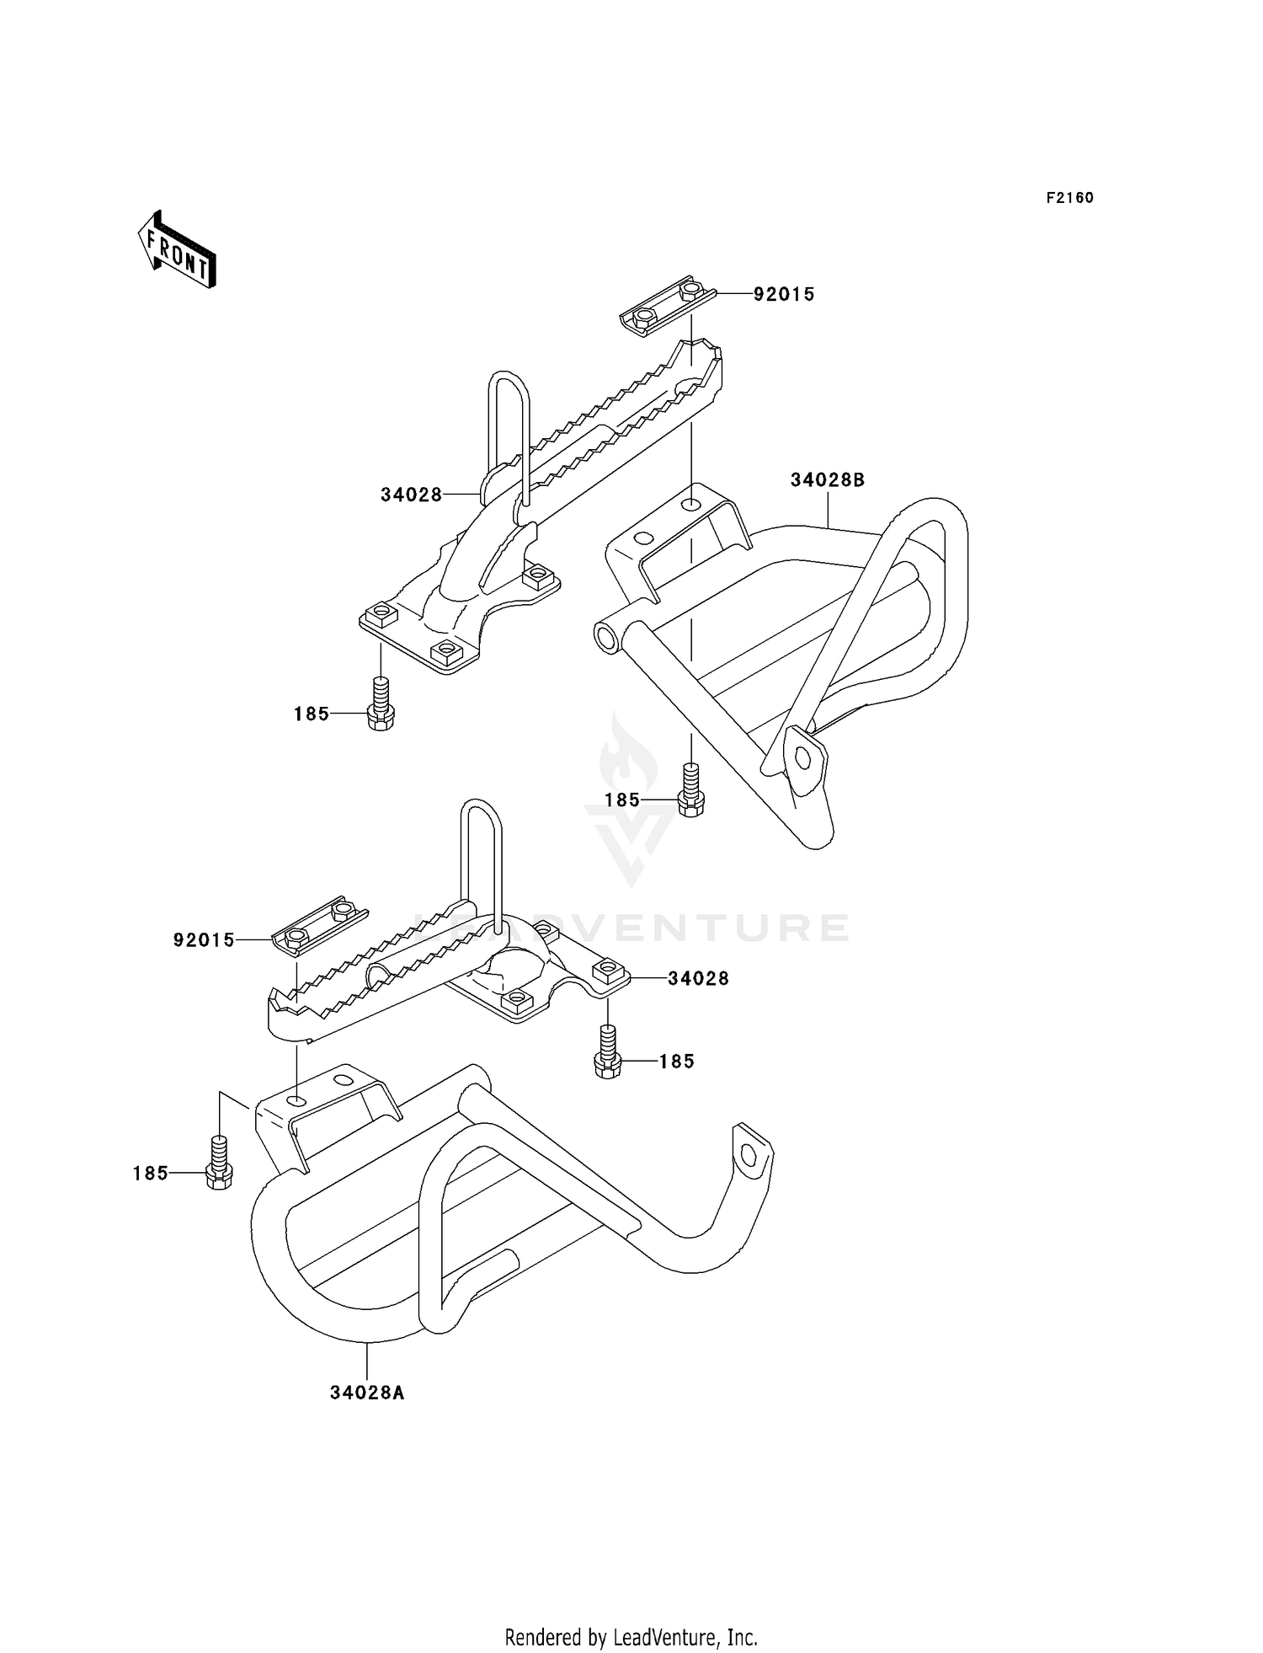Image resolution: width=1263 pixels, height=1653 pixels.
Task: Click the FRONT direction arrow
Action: tap(178, 250)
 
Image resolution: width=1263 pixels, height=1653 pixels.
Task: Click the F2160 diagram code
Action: tap(1069, 198)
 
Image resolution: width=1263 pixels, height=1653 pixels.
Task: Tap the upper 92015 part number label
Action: tap(783, 294)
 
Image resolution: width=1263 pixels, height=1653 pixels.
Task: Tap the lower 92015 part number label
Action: tap(204, 940)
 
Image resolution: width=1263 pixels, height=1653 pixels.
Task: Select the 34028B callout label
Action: tap(827, 480)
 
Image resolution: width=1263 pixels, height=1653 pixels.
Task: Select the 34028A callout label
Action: tap(367, 1393)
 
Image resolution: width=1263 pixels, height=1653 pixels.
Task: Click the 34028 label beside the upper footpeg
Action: tap(411, 495)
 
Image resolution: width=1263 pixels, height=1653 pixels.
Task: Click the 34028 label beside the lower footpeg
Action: tap(698, 978)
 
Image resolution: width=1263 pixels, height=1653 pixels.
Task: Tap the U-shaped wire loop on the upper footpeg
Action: tap(509, 421)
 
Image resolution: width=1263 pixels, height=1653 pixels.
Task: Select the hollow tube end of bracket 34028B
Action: tap(607, 636)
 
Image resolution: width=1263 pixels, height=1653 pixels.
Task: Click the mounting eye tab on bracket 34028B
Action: tap(802, 758)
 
